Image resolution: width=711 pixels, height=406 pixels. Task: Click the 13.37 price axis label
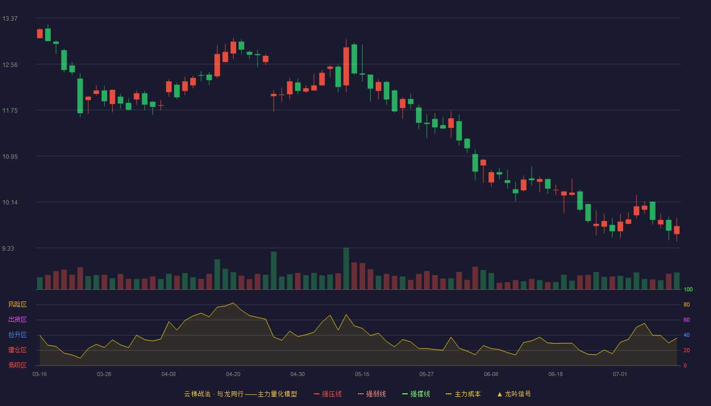coord(10,19)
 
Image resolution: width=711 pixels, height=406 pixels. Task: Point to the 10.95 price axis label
coord(10,157)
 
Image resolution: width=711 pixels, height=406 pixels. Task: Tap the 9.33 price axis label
coord(8,249)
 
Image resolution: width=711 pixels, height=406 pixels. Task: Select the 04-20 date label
coord(233,375)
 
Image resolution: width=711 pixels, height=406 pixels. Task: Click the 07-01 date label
coord(620,375)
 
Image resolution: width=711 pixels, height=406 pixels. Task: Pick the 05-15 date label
coord(362,375)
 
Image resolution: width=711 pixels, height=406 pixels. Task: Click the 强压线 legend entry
coord(328,394)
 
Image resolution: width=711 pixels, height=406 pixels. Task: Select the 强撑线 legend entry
coord(416,394)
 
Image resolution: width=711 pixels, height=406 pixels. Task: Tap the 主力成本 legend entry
coord(463,394)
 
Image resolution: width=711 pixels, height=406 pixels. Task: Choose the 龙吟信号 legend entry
coord(514,394)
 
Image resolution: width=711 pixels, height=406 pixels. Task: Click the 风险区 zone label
coord(17,304)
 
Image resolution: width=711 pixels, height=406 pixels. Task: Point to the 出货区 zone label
coord(17,319)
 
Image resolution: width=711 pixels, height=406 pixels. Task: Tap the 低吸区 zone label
coord(17,365)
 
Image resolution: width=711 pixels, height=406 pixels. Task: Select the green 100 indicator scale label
coord(688,289)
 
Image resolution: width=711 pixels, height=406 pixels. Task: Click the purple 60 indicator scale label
coord(687,320)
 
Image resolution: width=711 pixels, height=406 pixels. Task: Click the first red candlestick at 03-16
coord(40,33)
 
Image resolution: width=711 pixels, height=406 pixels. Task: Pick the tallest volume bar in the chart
coord(346,268)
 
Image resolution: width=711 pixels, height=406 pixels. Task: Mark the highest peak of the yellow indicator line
coord(233,303)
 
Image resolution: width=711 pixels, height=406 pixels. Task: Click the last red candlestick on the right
coord(676,229)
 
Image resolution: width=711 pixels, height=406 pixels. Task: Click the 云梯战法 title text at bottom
coord(197,394)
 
